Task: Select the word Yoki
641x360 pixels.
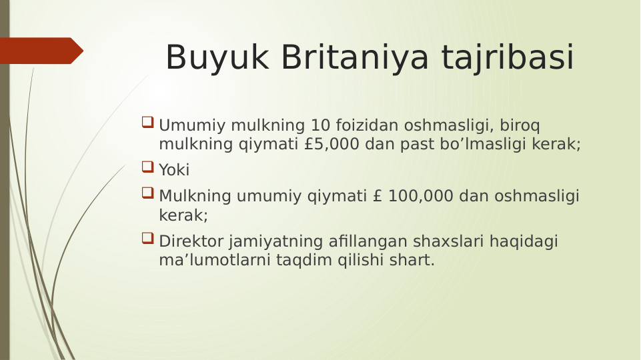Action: tap(174, 170)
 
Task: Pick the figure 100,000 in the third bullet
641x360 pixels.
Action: tap(421, 196)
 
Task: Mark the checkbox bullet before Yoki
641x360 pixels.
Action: tap(147, 167)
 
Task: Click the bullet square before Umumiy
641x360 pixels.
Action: tap(147, 123)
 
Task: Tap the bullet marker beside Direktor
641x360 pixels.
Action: tap(147, 238)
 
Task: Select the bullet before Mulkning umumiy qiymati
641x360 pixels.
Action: tap(147, 193)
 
